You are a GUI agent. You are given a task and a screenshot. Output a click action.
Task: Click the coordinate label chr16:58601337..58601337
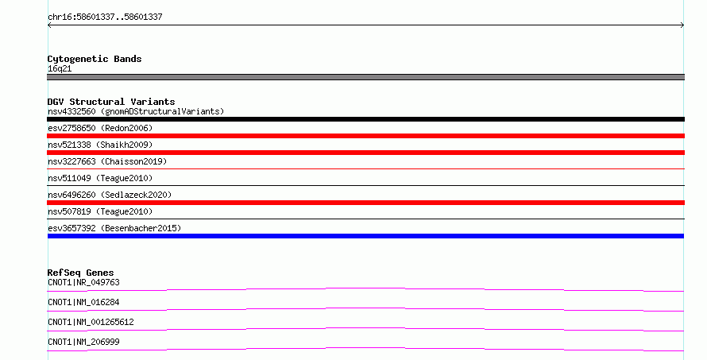[105, 17]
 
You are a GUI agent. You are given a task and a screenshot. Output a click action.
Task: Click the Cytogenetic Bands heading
[95, 59]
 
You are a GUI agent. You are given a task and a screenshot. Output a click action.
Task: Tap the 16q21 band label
[60, 68]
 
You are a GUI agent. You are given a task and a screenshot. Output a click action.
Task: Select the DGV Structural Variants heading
[111, 102]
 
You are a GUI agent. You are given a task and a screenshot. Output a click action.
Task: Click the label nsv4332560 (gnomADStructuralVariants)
[136, 111]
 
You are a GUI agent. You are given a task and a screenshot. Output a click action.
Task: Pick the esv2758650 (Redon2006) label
[100, 128]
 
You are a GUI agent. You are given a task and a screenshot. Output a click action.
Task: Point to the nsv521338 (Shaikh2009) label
[100, 145]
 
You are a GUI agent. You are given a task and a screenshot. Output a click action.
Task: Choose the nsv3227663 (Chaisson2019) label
[107, 161]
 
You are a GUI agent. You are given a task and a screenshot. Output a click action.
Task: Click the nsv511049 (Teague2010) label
[100, 178]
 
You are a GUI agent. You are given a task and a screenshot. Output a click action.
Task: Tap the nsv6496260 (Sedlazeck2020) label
[110, 195]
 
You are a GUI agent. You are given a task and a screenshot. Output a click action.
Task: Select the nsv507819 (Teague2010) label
[100, 211]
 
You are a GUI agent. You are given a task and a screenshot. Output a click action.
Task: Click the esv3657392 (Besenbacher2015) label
[114, 228]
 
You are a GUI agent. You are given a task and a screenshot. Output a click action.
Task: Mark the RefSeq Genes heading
[80, 273]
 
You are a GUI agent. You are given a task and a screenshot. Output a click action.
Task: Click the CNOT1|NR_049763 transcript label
[83, 282]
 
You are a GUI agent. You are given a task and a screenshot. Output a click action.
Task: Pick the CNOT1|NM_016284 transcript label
[83, 302]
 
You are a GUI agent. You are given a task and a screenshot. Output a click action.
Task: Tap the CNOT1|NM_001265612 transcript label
[91, 322]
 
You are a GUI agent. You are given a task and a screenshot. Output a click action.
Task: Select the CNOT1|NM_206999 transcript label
[83, 342]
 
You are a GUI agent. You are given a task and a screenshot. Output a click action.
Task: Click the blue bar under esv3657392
[365, 236]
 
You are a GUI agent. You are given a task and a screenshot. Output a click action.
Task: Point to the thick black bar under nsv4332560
[365, 119]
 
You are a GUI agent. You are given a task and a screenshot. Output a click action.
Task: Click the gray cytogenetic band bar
[365, 77]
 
